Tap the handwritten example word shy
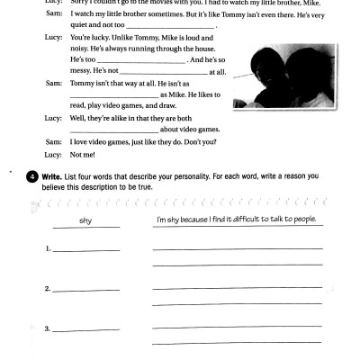pyautogui.click(x=85, y=220)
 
